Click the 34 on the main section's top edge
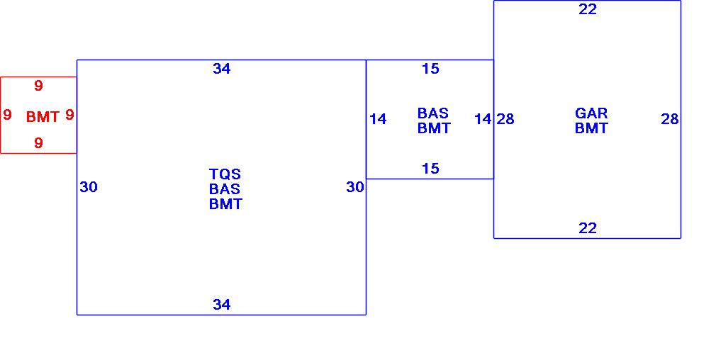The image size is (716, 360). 222,69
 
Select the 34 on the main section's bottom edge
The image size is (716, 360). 222,305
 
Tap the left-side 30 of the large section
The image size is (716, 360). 89,187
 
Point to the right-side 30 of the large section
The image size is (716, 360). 355,187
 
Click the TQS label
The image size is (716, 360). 225,174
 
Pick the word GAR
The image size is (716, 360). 591,113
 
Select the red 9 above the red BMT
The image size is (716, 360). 38,86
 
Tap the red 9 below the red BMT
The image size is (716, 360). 38,143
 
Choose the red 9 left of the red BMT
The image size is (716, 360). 7,115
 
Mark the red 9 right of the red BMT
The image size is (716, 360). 69,115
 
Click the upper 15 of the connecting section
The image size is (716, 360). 430,69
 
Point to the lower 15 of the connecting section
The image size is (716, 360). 430,169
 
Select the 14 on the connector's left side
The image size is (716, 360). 378,119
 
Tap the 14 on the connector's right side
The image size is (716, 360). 483,119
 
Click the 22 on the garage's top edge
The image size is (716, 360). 588,9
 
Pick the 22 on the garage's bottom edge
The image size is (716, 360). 588,228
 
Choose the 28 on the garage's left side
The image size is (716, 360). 505,119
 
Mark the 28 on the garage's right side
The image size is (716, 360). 670,119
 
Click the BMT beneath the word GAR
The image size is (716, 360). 591,128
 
